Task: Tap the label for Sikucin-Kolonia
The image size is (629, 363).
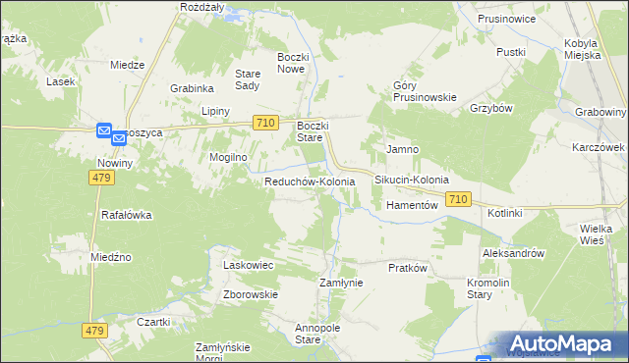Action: point(411,181)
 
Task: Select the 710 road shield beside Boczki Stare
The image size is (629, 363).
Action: point(262,123)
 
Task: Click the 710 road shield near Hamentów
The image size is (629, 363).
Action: point(457,199)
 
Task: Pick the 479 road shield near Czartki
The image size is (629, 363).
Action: point(94,332)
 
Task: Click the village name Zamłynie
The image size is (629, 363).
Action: point(342,283)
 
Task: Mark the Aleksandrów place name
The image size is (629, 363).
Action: point(513,253)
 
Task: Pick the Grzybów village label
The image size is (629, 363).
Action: point(492,108)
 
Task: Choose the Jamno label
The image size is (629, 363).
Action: point(403,149)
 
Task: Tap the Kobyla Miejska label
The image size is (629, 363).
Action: point(589,49)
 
